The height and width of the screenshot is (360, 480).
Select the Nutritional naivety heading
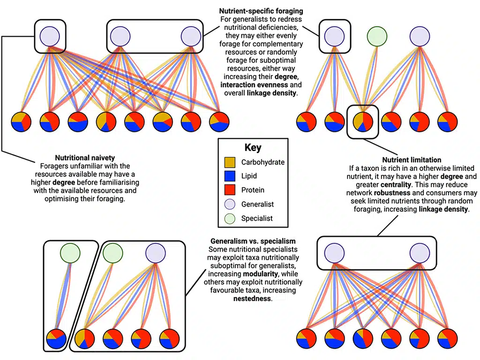tap(85, 158)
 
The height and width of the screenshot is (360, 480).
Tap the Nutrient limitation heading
tap(411, 160)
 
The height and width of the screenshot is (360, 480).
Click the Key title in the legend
tap(253, 147)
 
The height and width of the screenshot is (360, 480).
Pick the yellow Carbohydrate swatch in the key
tap(230, 163)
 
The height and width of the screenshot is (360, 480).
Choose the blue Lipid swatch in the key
tap(230, 176)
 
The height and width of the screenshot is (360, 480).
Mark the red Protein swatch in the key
tap(230, 190)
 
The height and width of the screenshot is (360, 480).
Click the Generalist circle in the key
tap(230, 204)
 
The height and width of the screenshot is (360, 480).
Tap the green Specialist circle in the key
tap(230, 218)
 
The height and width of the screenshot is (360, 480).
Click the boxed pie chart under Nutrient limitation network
tap(362, 121)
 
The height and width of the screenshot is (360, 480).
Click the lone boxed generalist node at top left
tap(50, 36)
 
